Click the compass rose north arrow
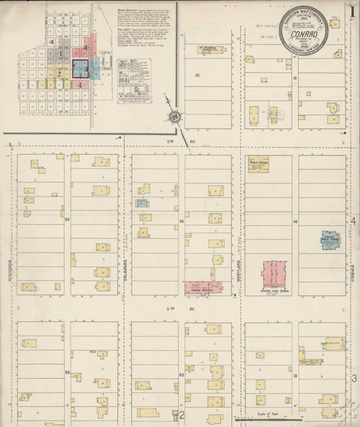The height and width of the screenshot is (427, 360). click(x=175, y=116)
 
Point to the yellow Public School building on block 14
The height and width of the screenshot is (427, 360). click(x=258, y=163)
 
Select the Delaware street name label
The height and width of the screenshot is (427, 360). click(x=126, y=255)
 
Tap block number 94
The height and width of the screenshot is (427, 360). click(x=66, y=217)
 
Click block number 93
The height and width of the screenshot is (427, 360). click(x=66, y=372)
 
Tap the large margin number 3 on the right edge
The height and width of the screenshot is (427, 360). click(x=354, y=378)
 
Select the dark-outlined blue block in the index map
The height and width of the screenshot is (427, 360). click(x=79, y=69)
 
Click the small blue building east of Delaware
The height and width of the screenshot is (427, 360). click(x=143, y=203)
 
